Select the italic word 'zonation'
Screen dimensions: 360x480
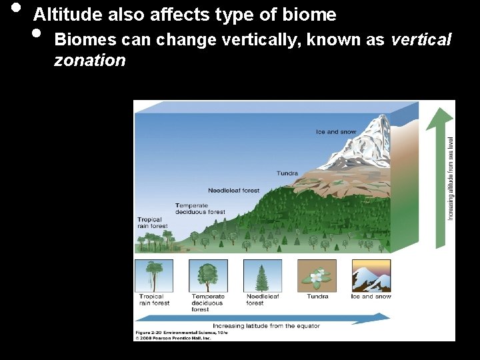point(89,61)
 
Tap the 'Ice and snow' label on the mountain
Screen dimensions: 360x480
point(336,132)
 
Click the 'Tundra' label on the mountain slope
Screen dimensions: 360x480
point(287,173)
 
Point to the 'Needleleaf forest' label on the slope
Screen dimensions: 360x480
point(233,191)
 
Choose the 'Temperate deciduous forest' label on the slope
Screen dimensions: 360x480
point(200,209)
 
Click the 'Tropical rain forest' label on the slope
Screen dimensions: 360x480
point(153,223)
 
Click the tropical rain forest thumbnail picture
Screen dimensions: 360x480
point(154,275)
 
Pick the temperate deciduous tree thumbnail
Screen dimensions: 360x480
point(208,275)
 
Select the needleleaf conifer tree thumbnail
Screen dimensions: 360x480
point(263,275)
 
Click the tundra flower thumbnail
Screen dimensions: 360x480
point(317,275)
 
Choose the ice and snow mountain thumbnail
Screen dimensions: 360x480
point(371,275)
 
